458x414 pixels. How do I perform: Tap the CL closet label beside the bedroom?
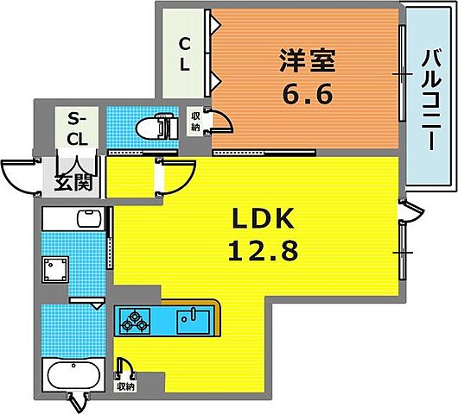pos(185,53)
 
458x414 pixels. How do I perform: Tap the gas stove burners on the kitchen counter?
pos(135,322)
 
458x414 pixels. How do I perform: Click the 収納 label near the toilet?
pos(195,122)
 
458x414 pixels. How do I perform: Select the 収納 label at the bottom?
pos(127,386)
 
